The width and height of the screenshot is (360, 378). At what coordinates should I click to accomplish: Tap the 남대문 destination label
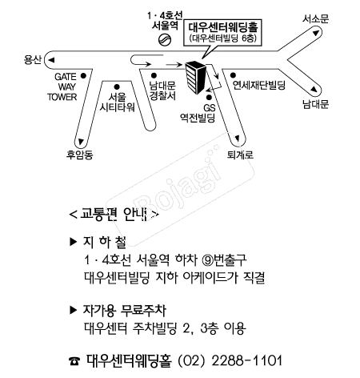(315, 104)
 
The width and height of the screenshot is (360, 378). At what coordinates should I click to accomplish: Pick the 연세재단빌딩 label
(258, 83)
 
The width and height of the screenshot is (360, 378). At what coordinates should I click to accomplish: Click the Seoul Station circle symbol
(165, 38)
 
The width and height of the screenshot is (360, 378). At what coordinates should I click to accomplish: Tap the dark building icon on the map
(197, 76)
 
